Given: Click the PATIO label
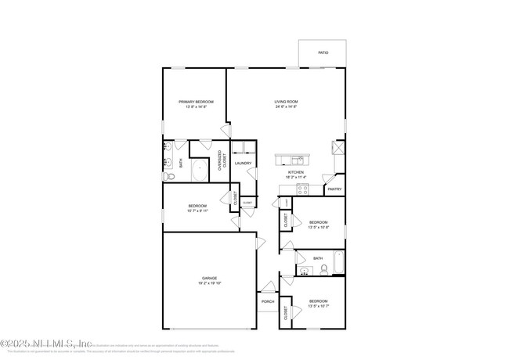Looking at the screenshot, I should (323, 52).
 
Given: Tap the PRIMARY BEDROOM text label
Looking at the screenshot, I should (196, 102).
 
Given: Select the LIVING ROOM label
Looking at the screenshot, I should (286, 102).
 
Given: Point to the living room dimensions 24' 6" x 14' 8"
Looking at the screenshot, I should (286, 107).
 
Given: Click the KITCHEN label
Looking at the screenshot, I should (295, 172).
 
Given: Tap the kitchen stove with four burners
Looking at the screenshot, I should (304, 189).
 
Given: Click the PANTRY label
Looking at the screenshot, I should (334, 189).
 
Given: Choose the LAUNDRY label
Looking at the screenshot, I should (243, 164).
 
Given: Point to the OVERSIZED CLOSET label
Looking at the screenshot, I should (223, 160).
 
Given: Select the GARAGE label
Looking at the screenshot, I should (209, 278).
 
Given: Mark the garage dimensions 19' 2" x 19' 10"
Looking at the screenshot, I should (209, 283).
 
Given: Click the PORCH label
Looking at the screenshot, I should (268, 301).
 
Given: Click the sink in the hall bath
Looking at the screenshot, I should (304, 272).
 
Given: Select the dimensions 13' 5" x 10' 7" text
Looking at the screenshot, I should (318, 307).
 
